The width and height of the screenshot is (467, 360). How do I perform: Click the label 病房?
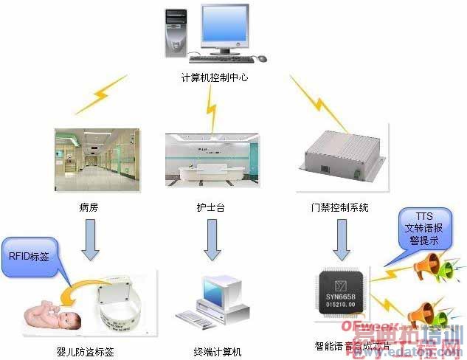click(x=88, y=208)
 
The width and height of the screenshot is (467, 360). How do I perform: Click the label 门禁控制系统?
click(x=340, y=208)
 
